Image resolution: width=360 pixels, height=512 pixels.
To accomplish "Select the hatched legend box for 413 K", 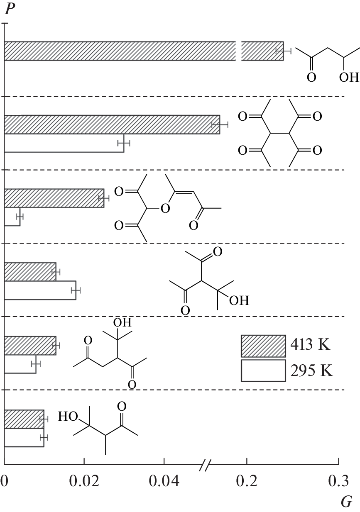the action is point(263,346).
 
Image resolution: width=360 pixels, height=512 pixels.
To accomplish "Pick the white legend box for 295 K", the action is point(263,371).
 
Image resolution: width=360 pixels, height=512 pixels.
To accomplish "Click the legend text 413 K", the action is point(310,344).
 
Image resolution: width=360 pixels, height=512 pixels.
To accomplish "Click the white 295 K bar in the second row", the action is point(64,143).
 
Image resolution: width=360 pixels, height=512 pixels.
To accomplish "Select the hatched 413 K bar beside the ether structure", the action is point(54,198).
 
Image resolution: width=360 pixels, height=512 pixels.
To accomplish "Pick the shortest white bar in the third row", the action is point(12,217).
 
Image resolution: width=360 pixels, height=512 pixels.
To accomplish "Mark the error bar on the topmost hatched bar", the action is point(283,51).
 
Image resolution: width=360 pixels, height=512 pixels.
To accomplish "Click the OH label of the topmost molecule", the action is point(349,77).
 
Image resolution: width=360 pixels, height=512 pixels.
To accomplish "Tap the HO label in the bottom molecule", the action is point(68,416).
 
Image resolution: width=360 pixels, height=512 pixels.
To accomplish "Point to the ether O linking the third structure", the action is point(165,208).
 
